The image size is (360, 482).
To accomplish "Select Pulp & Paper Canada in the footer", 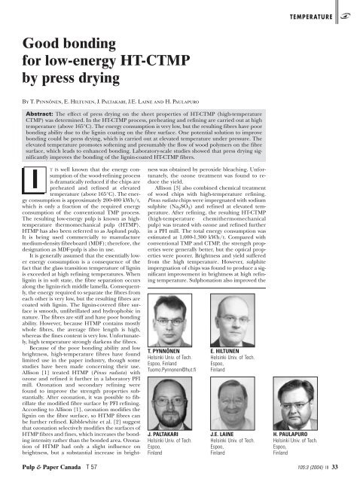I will click(x=38, y=474).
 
